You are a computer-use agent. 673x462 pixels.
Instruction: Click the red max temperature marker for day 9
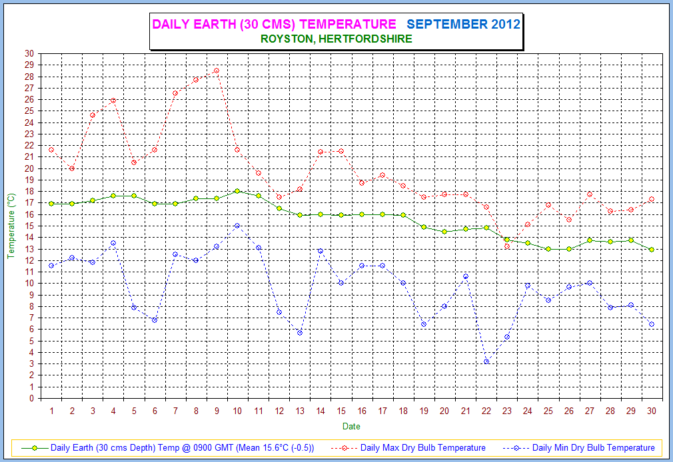[x=217, y=71]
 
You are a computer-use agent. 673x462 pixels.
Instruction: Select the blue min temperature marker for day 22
[x=486, y=361]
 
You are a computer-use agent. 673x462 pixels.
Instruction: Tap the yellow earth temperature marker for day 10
[x=237, y=191]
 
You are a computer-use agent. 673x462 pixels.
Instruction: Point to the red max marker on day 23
[x=507, y=246]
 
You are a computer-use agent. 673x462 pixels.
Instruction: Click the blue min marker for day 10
[x=237, y=226]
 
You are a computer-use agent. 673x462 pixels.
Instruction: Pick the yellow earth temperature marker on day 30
[x=651, y=249]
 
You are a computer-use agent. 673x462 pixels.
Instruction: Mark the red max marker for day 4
[x=113, y=101]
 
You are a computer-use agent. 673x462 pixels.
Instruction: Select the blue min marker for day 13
[x=300, y=333]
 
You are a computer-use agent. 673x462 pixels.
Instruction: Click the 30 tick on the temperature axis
[x=29, y=53]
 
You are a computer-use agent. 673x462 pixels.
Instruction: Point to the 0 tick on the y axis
[x=31, y=399]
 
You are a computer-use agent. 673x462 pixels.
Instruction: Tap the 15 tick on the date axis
[x=341, y=411]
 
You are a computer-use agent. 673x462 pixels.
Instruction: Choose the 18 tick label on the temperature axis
[x=29, y=192]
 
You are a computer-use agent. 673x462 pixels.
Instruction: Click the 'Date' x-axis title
[x=351, y=426]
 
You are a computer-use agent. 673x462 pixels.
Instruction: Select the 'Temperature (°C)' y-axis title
[x=11, y=226]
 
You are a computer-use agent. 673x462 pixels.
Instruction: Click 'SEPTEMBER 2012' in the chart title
[x=463, y=25]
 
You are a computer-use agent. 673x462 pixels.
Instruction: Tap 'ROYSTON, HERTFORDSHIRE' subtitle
[x=336, y=39]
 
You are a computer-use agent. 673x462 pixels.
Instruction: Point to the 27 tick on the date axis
[x=590, y=411]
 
